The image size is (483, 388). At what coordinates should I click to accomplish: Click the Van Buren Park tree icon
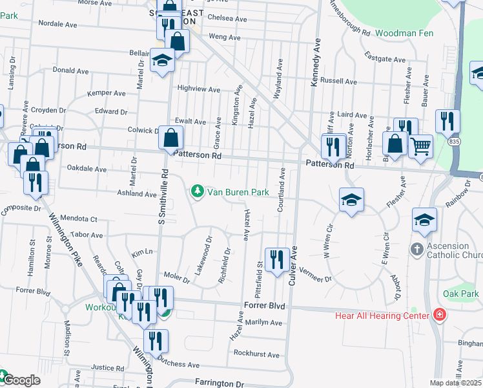(197, 191)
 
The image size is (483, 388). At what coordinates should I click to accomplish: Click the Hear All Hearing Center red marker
(440, 316)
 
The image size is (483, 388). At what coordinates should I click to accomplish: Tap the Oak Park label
(460, 294)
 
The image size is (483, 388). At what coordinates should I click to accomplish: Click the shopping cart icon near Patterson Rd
(420, 145)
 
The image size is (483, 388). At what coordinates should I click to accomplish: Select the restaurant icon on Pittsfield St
(277, 260)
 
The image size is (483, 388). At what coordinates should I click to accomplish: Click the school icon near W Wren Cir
(352, 200)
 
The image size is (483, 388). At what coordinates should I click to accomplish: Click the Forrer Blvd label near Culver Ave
(264, 305)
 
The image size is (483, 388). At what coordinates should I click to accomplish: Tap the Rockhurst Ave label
(256, 354)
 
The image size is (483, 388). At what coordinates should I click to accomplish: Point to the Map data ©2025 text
(455, 383)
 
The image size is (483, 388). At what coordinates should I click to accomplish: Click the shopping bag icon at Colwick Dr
(171, 137)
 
